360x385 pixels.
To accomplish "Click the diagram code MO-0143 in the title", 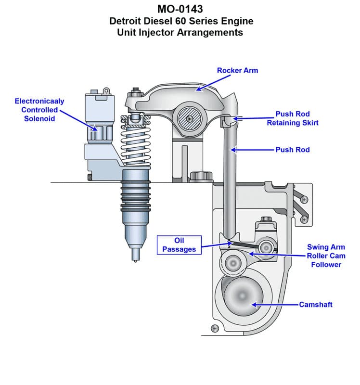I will (x=180, y=9).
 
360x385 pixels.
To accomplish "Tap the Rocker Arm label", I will (x=237, y=70).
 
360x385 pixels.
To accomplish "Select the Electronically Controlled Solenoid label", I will (x=39, y=110).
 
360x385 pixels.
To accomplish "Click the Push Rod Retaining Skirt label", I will (x=293, y=118).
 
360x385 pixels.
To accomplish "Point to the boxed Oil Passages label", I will (x=179, y=244).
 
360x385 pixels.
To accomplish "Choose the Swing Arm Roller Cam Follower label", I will (x=326, y=256).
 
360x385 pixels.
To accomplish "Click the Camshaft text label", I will (x=315, y=305).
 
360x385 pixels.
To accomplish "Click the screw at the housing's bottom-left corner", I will (x=215, y=329).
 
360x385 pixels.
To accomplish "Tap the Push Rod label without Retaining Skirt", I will (x=293, y=150).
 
